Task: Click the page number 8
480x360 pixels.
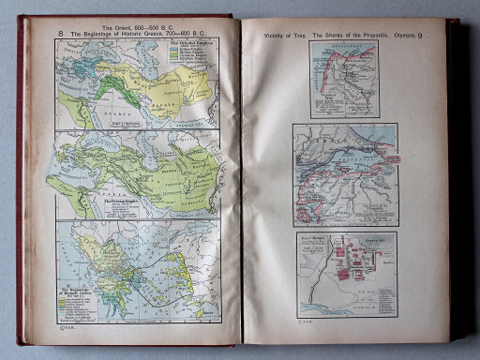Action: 61,34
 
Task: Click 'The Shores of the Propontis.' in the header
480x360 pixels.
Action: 341,35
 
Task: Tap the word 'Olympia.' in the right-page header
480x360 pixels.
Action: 400,35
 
